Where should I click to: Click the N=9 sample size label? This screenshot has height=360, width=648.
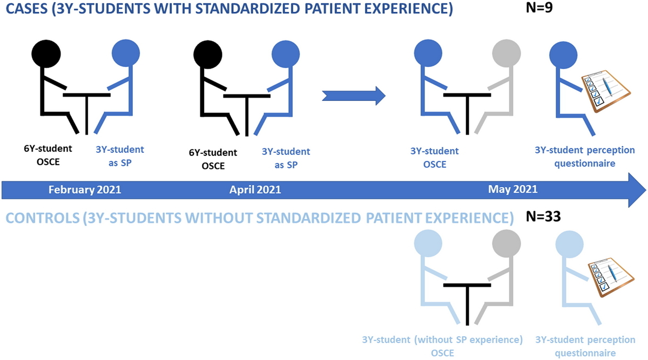coord(539,7)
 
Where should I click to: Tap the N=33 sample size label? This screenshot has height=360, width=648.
coord(543,216)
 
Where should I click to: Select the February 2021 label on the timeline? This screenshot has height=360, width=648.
coord(85,189)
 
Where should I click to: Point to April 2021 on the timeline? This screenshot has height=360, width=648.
coord(255,189)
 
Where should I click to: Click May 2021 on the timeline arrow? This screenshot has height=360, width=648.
coord(512,189)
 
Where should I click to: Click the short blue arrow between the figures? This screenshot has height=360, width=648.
coord(354,96)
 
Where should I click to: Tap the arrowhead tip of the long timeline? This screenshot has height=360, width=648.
coord(646,190)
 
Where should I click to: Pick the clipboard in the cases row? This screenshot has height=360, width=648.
coord(606,91)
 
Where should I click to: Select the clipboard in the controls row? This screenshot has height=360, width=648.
coord(611,277)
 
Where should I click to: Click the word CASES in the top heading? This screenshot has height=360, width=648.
coord(26,9)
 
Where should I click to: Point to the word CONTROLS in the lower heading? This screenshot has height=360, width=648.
coord(43,218)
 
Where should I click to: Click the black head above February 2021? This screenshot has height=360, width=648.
coord(46,54)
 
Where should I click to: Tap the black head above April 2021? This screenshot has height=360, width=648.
coord(208,55)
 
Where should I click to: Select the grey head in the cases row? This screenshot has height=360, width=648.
coord(507,53)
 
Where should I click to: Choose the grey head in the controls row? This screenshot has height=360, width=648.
coord(507,244)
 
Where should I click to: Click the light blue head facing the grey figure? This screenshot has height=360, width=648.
coord(428,243)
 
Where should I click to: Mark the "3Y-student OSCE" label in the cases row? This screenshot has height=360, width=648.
coord(435,158)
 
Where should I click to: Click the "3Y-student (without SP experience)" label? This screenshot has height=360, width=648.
coord(442,339)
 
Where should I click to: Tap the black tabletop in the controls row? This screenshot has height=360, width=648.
coord(467,286)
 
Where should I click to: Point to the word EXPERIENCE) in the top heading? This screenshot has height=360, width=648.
coord(408,9)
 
